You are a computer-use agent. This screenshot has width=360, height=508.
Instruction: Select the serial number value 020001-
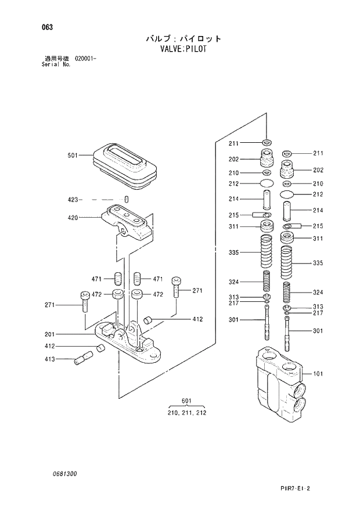[84, 59]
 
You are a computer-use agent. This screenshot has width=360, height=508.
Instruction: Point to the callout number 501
[73, 155]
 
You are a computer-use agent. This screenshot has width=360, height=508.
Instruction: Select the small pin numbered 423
[126, 200]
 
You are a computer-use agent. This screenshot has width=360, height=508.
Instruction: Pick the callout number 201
[51, 334]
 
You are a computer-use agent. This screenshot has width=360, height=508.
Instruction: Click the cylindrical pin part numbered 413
[84, 358]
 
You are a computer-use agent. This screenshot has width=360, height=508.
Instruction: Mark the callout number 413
[51, 359]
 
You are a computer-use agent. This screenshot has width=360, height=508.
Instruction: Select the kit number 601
[186, 401]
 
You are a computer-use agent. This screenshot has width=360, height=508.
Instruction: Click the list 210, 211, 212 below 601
[186, 413]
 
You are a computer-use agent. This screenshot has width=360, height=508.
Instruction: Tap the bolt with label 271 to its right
[177, 290]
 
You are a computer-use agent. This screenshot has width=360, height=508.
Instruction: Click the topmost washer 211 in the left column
[267, 143]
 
